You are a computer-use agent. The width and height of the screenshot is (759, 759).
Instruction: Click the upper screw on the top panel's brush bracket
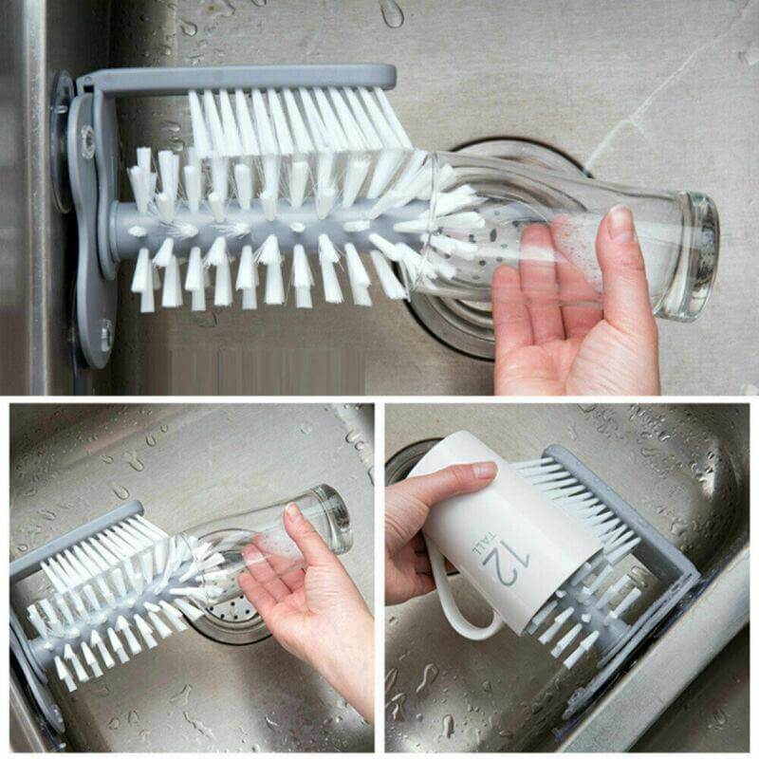[x=88, y=141]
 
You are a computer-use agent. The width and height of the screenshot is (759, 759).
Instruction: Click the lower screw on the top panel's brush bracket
[x=105, y=334]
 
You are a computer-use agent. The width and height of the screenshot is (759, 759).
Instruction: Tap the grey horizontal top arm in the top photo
[x=237, y=79]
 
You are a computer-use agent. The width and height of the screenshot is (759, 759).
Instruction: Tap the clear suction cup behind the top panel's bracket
[x=63, y=142]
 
